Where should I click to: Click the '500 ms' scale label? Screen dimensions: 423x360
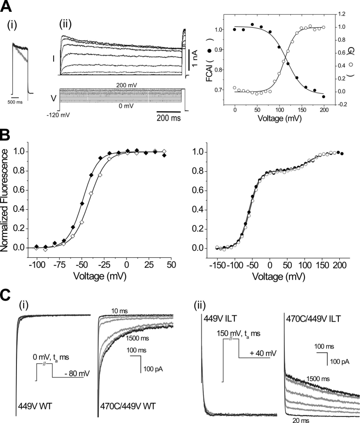tap(19, 101)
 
